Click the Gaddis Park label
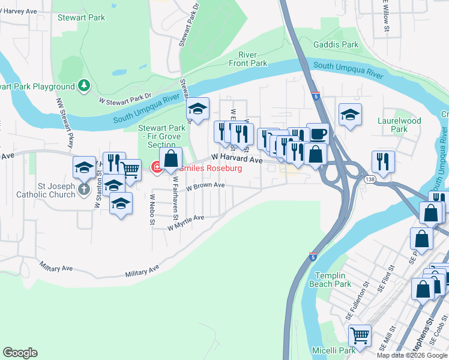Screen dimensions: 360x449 click(336, 44)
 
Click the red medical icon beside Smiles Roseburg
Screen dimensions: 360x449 click(157, 168)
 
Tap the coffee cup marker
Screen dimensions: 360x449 click(318, 133)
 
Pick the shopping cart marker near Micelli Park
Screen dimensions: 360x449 click(360, 335)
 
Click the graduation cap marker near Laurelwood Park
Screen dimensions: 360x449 click(350, 114)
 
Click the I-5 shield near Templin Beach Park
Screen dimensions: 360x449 click(313, 257)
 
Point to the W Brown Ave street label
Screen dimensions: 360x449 click(205, 187)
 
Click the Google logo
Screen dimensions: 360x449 click(20, 353)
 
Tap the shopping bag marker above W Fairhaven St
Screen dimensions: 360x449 click(171, 158)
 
